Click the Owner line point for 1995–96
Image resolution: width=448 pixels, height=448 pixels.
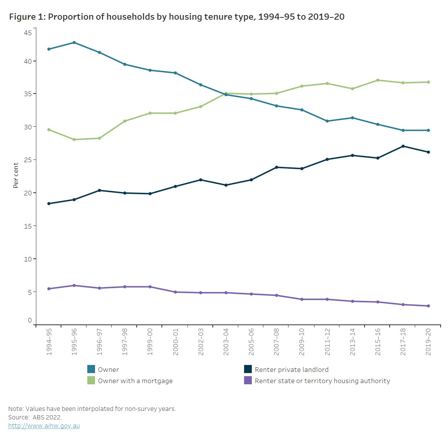[x=74, y=42]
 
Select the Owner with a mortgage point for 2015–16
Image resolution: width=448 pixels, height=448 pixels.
[x=378, y=80]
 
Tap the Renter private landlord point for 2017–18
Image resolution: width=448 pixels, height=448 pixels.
[x=403, y=146]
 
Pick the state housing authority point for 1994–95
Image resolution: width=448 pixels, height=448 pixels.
[x=49, y=289]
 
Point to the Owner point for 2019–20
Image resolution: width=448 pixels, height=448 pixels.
[x=428, y=131]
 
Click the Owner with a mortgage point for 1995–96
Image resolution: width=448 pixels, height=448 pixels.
[x=74, y=140]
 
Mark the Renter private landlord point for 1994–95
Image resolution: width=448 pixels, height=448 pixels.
[x=49, y=204]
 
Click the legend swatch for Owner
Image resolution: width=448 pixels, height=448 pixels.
[x=91, y=369]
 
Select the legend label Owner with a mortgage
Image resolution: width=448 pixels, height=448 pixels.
[x=135, y=381]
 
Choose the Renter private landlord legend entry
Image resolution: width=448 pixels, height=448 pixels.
[x=292, y=370]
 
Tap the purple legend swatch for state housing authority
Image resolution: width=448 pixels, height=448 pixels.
[x=248, y=380]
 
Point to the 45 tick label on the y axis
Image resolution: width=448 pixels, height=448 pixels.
[x=28, y=33]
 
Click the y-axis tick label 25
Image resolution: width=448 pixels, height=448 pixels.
[x=28, y=160]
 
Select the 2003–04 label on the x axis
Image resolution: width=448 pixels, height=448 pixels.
[x=226, y=342]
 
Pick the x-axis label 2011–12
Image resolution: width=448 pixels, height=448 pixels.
[x=327, y=342]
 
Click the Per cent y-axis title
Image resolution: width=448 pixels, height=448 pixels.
[x=16, y=175]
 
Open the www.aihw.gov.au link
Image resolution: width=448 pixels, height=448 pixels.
[x=44, y=426]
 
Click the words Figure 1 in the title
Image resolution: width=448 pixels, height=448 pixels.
[x=27, y=17]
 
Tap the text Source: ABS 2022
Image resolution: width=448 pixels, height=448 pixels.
[x=35, y=417]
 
